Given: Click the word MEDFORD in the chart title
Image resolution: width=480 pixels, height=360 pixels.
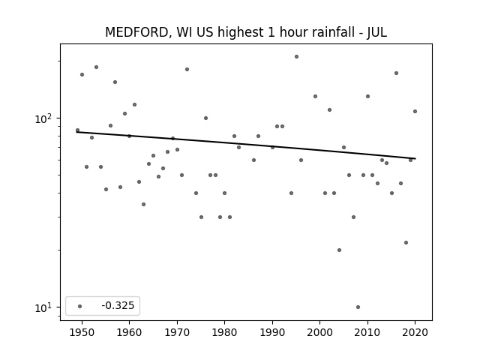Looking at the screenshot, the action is point(136,32).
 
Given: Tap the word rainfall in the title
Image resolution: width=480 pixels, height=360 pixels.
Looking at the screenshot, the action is point(331,32).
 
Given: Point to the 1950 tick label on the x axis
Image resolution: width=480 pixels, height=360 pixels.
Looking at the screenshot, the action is point(82,332).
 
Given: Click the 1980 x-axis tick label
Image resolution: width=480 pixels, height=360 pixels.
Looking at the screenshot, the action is point(225,332).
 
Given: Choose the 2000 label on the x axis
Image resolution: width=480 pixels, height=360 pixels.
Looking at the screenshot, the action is point(320,332).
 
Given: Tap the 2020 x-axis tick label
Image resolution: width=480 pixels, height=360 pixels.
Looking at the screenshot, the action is point(415,332).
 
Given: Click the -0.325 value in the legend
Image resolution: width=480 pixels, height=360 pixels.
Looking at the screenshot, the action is point(118,305).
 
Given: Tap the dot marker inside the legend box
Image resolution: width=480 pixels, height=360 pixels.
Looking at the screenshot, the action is point(80,306).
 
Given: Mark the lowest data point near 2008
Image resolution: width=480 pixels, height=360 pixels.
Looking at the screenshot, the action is point(358,307).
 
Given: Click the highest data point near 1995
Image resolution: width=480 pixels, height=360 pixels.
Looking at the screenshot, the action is point(297,57).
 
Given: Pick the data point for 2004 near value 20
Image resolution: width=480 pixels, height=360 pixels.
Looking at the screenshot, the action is point(339,250).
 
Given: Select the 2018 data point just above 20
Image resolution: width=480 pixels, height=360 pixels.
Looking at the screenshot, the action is point(406,242).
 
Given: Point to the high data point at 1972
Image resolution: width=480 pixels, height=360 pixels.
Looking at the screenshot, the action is point(187,70).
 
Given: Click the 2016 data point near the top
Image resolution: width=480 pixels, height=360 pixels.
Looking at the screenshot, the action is point(397,73).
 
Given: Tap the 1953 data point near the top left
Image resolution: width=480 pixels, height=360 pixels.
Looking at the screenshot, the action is point(97,67).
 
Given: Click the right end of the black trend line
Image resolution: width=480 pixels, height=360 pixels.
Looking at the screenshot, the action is point(415,158).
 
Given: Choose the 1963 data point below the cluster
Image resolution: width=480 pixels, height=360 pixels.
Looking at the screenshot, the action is point(143,204).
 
